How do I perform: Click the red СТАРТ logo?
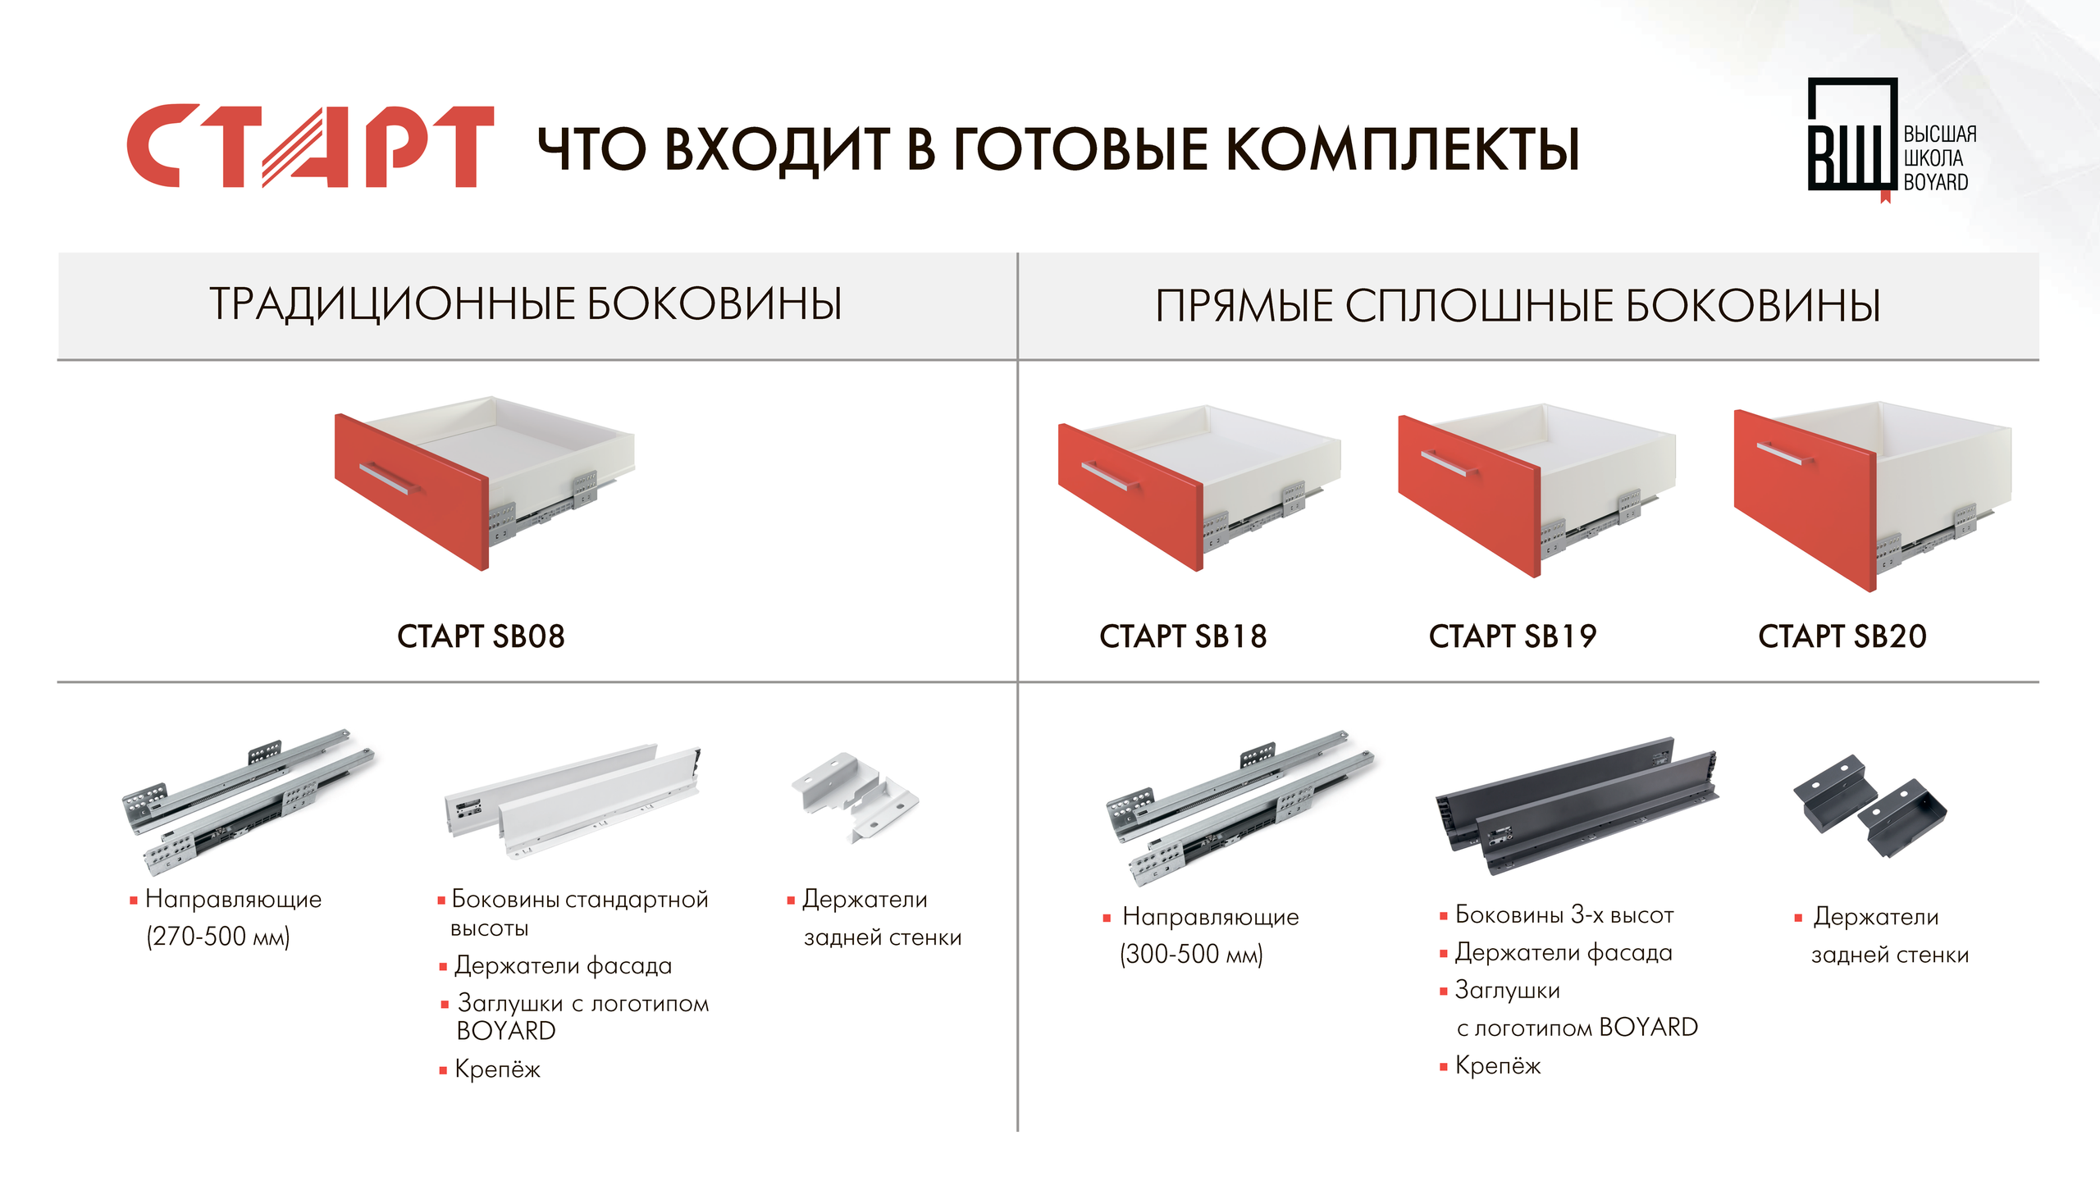coord(310,146)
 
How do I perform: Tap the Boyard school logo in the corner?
coord(1892,139)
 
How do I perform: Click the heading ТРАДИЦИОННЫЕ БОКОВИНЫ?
coord(526,303)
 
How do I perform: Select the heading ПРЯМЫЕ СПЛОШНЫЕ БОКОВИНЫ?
coord(1518,305)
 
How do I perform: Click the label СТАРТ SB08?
coord(481,636)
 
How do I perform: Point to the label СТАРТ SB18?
coord(1183,636)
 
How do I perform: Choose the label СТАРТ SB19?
coord(1513,636)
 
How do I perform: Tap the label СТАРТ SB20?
coord(1842,636)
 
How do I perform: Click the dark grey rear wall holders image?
coord(1869,806)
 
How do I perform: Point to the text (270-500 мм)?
coord(218,937)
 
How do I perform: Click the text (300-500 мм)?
coord(1192,954)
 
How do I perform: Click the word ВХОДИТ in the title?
coord(777,150)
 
